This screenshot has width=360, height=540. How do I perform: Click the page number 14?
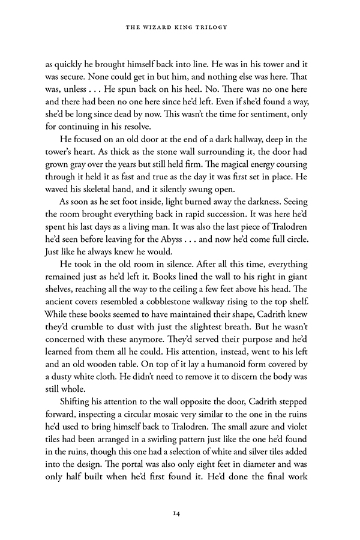[x=180, y=513]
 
